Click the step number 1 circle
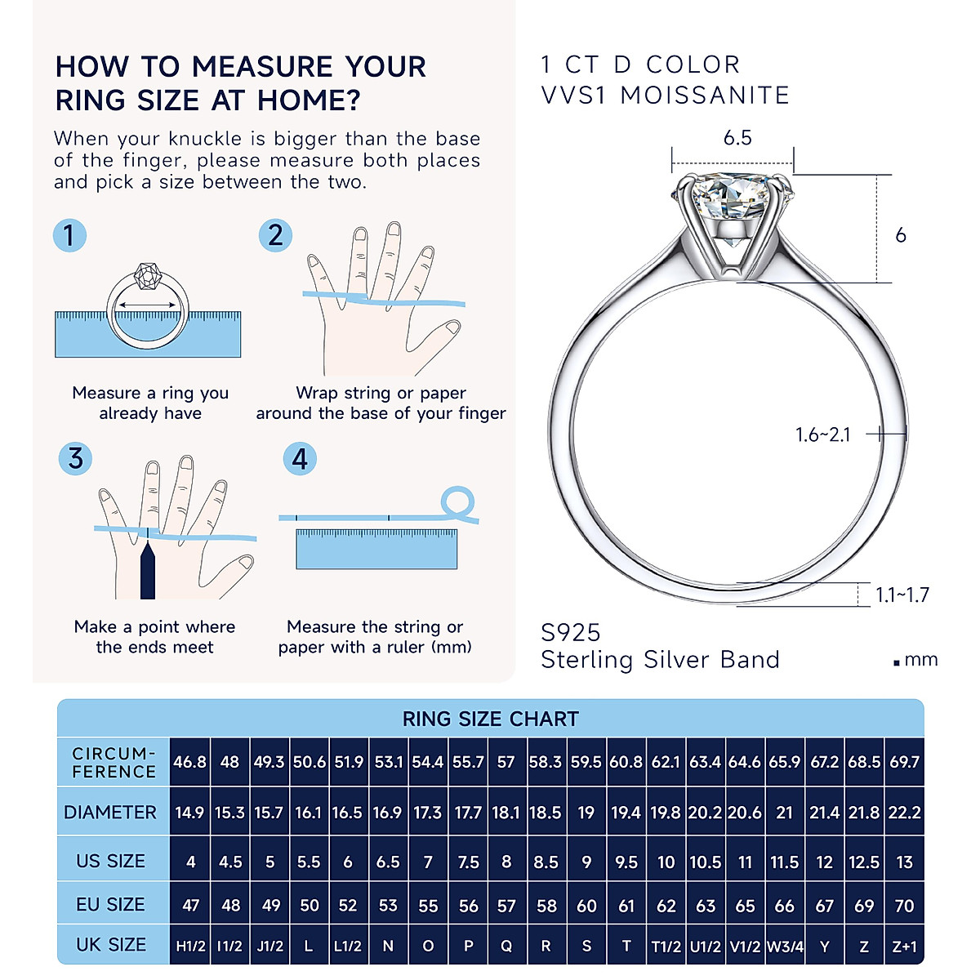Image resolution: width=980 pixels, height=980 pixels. pyautogui.click(x=69, y=235)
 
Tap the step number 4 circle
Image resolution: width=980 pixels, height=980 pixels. pyautogui.click(x=300, y=458)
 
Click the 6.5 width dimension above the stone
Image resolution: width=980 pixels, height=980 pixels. pyautogui.click(x=737, y=138)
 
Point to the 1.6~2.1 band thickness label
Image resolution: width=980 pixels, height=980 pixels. pyautogui.click(x=823, y=434)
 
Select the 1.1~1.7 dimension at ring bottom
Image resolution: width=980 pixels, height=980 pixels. pyautogui.click(x=902, y=595)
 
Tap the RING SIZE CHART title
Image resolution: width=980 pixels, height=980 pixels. pyautogui.click(x=490, y=719)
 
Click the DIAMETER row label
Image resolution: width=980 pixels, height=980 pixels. pyautogui.click(x=110, y=813)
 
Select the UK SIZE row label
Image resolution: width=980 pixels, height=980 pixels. pyautogui.click(x=111, y=945)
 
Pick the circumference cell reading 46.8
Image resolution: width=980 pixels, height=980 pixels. pyautogui.click(x=189, y=762)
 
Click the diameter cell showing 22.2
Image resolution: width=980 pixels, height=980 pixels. pyautogui.click(x=904, y=813)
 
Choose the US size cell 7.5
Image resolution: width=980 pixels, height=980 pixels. pyautogui.click(x=468, y=862)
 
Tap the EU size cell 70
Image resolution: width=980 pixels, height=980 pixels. pyautogui.click(x=904, y=906)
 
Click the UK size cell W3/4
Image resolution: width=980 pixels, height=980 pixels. pyautogui.click(x=785, y=947)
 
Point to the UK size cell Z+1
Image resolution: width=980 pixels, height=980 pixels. pyautogui.click(x=904, y=947)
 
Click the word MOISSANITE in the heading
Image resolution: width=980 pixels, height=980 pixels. pyautogui.click(x=705, y=96)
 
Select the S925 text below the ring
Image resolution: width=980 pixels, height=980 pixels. pyautogui.click(x=571, y=633)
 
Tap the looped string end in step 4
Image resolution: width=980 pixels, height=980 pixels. pyautogui.click(x=458, y=502)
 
